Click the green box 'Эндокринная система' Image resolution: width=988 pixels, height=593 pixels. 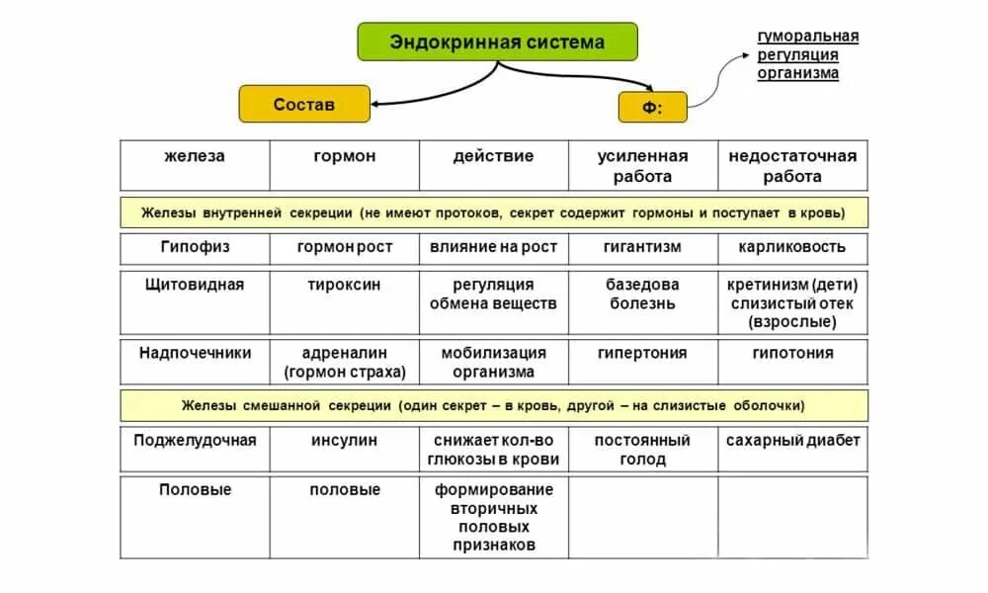(497, 42)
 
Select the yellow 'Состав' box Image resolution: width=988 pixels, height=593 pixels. (304, 104)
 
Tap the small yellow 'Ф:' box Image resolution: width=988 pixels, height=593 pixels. (652, 108)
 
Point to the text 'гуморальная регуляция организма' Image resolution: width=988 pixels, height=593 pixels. (807, 54)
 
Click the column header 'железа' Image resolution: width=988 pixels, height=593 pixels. (195, 156)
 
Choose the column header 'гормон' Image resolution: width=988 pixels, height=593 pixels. (344, 156)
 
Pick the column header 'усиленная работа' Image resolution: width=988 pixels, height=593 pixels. (642, 166)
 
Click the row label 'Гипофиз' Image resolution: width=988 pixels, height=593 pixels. (195, 246)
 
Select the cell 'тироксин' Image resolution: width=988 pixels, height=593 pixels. (344, 285)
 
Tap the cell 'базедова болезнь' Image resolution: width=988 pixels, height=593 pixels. (642, 294)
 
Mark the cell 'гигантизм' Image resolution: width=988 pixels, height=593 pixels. (642, 246)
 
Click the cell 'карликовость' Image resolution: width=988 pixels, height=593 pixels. (792, 246)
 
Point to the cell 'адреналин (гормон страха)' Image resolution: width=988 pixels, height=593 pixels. (344, 363)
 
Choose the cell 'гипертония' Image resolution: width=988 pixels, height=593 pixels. (642, 353)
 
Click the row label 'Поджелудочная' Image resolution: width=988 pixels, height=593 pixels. (195, 440)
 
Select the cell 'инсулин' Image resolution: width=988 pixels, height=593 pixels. (344, 440)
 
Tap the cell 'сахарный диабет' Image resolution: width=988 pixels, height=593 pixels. (792, 440)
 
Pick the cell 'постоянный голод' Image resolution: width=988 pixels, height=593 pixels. (642, 449)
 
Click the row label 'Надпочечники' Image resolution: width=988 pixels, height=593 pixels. (195, 353)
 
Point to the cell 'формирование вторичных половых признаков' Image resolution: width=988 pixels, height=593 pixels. (493, 517)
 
